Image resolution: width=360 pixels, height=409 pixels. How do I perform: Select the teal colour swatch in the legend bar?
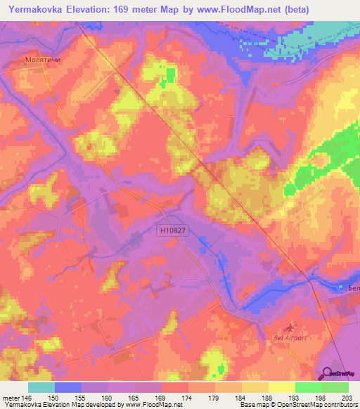[x=41, y=387]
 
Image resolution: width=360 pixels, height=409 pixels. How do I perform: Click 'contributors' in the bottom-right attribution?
[x=339, y=405]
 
